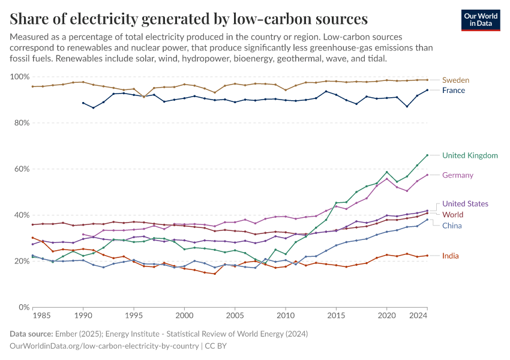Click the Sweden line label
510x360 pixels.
455,80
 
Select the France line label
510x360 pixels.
453,91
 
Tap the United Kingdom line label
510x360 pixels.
470,155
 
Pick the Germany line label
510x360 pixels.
458,175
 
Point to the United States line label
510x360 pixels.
465,204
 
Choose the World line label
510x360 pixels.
452,215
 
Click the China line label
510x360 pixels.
452,226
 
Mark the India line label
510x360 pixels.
451,256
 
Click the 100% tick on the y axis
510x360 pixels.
20,77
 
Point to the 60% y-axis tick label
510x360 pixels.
22,169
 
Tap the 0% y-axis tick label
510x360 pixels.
24,307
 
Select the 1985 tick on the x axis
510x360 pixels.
41,314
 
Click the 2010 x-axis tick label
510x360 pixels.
286,314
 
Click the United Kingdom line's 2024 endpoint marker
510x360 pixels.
427,155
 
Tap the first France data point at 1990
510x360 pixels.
83,103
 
